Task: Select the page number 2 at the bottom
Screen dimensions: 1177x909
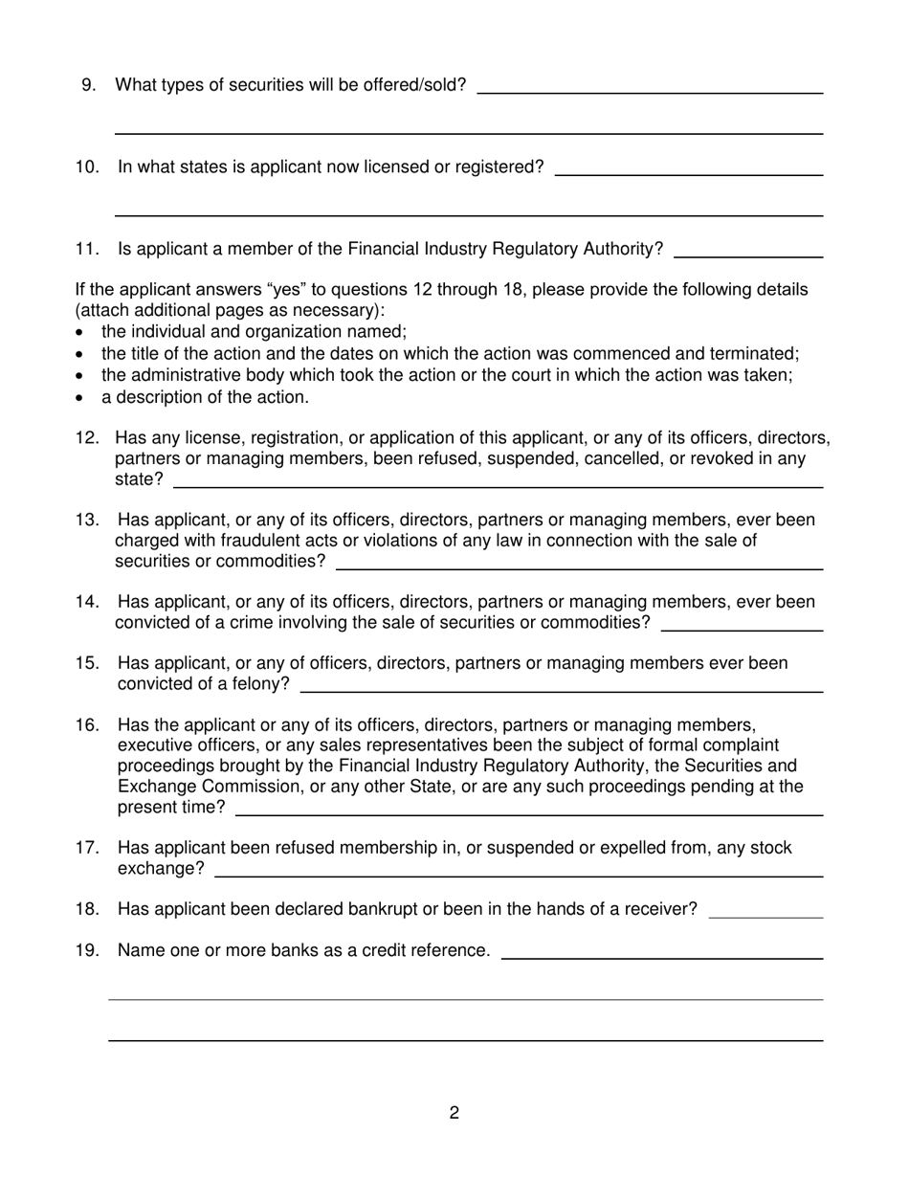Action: pyautogui.click(x=454, y=1113)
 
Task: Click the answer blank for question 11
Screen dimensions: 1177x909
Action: pyautogui.click(x=748, y=256)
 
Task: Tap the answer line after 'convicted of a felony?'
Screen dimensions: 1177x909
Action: pyautogui.click(x=562, y=690)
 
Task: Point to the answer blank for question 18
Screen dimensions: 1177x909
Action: pyautogui.click(x=765, y=917)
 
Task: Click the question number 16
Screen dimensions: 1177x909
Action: pyautogui.click(x=87, y=724)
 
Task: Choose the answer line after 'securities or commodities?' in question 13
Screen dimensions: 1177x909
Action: pyautogui.click(x=580, y=568)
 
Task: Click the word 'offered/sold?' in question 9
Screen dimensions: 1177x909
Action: pyautogui.click(x=414, y=85)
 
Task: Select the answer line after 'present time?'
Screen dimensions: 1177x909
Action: pyautogui.click(x=529, y=814)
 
